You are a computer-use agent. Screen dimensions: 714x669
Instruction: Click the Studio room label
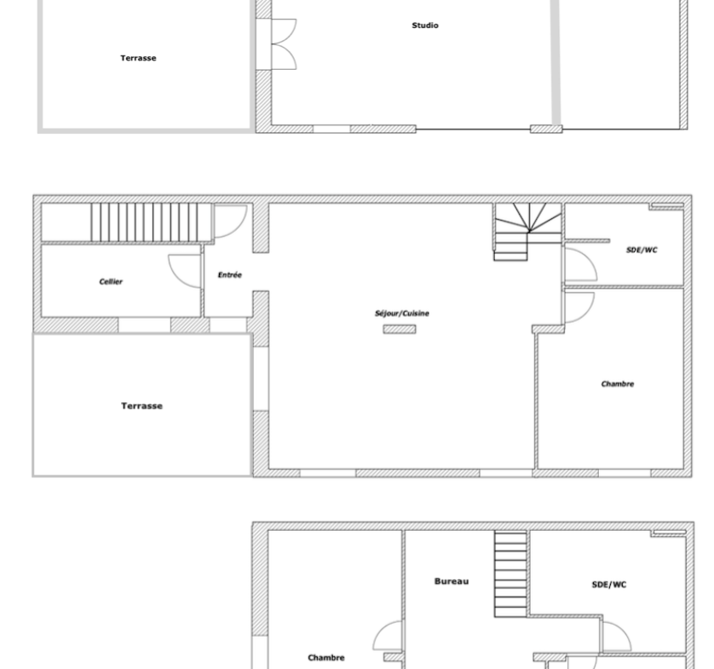pyautogui.click(x=425, y=26)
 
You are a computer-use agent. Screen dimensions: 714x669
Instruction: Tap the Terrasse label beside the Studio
pyautogui.click(x=138, y=58)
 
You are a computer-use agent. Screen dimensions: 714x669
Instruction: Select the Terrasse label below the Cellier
pyautogui.click(x=141, y=406)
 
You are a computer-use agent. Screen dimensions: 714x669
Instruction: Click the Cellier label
pyautogui.click(x=111, y=281)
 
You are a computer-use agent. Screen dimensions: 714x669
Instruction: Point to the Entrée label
pyautogui.click(x=229, y=274)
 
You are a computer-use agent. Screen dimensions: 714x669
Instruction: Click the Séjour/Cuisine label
pyautogui.click(x=401, y=314)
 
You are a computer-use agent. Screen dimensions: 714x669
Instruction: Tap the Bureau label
pyautogui.click(x=452, y=581)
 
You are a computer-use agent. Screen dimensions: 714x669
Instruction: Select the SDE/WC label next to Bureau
pyautogui.click(x=609, y=585)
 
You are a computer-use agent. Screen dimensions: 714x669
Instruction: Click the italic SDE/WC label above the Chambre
pyautogui.click(x=642, y=250)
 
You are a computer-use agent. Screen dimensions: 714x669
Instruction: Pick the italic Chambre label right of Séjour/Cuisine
pyautogui.click(x=618, y=384)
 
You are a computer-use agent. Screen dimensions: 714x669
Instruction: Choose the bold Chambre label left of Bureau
pyautogui.click(x=326, y=658)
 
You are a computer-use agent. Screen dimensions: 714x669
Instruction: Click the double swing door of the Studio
pyautogui.click(x=284, y=44)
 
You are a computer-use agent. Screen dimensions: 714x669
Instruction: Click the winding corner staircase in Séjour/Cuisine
pyautogui.click(x=527, y=231)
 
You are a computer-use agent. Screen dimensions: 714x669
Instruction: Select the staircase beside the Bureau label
pyautogui.click(x=511, y=574)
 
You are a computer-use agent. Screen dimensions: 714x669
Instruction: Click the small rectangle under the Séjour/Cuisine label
pyautogui.click(x=400, y=329)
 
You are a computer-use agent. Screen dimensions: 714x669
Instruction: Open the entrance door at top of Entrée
pyautogui.click(x=230, y=222)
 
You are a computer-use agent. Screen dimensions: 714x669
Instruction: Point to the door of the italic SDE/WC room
pyautogui.click(x=580, y=264)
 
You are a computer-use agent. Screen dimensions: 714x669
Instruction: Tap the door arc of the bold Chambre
pyautogui.click(x=387, y=635)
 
